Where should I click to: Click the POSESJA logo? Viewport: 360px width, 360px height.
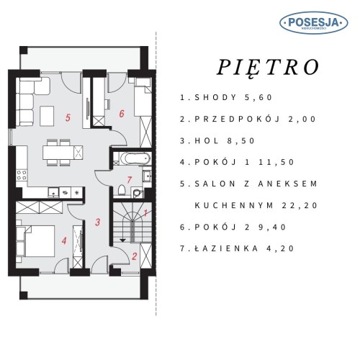[314, 23]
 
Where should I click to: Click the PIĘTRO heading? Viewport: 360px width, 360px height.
[268, 68]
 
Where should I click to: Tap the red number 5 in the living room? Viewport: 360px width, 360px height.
[68, 118]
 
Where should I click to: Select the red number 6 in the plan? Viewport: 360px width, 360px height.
[122, 114]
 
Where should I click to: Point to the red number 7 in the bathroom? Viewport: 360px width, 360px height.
[130, 180]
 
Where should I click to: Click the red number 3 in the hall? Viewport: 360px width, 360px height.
[97, 222]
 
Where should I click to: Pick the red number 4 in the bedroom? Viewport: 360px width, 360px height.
[64, 240]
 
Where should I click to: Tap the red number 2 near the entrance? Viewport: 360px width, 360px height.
[135, 256]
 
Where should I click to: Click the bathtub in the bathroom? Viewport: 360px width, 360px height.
[135, 158]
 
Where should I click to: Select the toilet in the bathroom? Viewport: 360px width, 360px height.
[122, 190]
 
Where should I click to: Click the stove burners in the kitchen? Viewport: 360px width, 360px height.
[22, 175]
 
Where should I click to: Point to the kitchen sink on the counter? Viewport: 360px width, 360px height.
[53, 192]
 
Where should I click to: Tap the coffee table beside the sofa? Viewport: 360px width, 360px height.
[47, 116]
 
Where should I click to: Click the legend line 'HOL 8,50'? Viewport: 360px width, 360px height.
[217, 140]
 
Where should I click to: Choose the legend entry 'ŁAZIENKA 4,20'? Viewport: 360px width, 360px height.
[237, 248]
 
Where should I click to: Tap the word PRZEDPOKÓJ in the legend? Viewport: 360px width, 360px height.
[237, 119]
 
